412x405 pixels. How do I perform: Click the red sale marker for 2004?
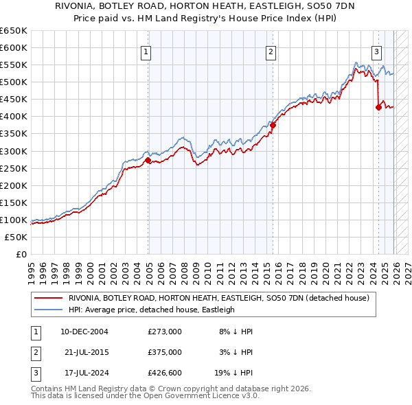point(148,160)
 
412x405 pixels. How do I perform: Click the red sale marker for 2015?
point(273,125)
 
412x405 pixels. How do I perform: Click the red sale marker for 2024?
point(378,106)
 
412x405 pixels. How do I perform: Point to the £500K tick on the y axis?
point(15,82)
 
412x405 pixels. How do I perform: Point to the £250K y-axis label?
point(15,168)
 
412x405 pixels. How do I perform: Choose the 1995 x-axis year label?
point(31,268)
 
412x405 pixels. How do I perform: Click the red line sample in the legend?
point(49,298)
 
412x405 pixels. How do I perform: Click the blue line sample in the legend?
point(49,310)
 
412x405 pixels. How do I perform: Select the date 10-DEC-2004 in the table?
point(84,332)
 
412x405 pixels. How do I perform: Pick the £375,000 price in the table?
point(165,352)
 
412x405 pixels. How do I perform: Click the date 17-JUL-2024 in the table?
point(84,373)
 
